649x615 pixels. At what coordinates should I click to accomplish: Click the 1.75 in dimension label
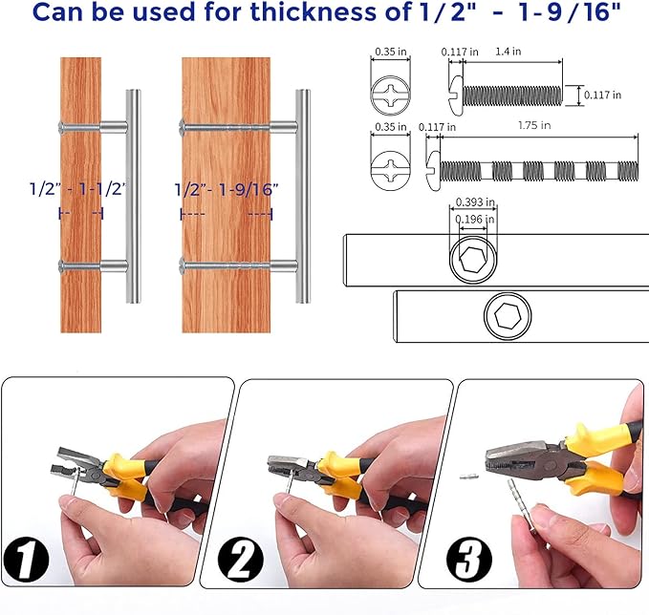coord(534,125)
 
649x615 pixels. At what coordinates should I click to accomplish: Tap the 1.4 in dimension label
coord(508,52)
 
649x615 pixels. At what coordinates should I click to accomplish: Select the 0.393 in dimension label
coord(475,202)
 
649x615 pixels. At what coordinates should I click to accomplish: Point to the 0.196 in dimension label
coord(475,220)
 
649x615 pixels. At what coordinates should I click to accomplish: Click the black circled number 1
coord(26,560)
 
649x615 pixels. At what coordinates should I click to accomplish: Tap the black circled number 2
coord(241,560)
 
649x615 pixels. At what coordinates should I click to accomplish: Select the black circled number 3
coord(469,560)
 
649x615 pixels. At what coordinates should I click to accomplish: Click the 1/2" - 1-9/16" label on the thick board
coord(226,190)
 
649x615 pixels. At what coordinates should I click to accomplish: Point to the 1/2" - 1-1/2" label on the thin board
coord(77,189)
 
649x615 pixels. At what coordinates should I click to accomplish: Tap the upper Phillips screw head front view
coord(390,95)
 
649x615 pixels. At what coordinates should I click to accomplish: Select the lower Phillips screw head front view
coord(390,170)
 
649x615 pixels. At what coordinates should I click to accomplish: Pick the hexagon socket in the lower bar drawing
coord(508,316)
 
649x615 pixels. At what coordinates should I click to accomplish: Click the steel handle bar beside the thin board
coord(133,196)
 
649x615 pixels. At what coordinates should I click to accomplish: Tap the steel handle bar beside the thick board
coord(303,196)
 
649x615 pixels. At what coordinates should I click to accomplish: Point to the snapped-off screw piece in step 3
coord(469,477)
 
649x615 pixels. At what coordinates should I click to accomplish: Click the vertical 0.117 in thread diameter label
coord(602,95)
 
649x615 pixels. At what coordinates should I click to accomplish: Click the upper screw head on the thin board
coord(62,127)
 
